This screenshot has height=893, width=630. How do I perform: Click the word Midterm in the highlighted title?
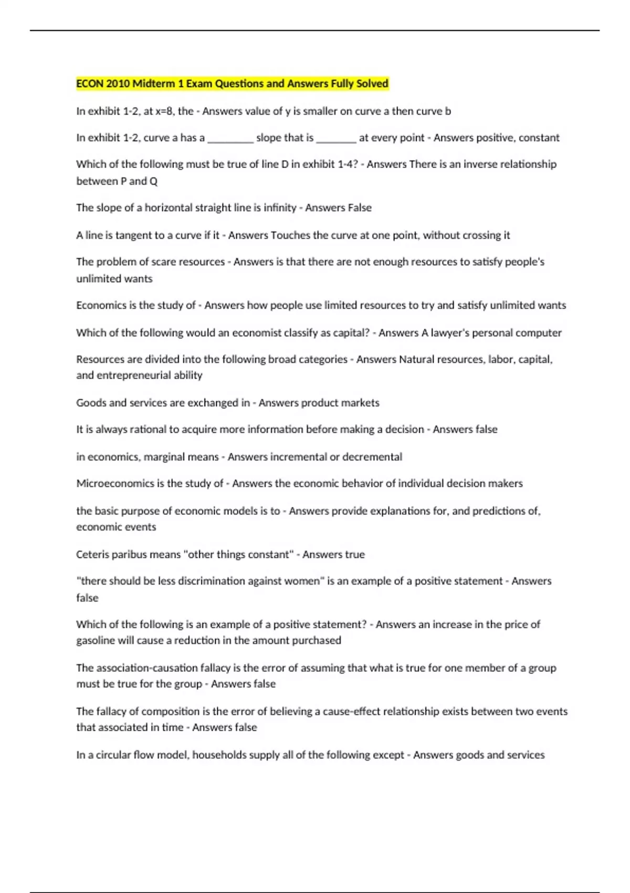click(154, 84)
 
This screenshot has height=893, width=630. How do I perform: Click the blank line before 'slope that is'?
click(230, 138)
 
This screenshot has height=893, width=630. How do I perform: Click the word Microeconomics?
click(115, 483)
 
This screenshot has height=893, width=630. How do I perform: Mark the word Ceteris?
click(93, 554)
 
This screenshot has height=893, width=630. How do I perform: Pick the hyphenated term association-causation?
click(153, 668)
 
